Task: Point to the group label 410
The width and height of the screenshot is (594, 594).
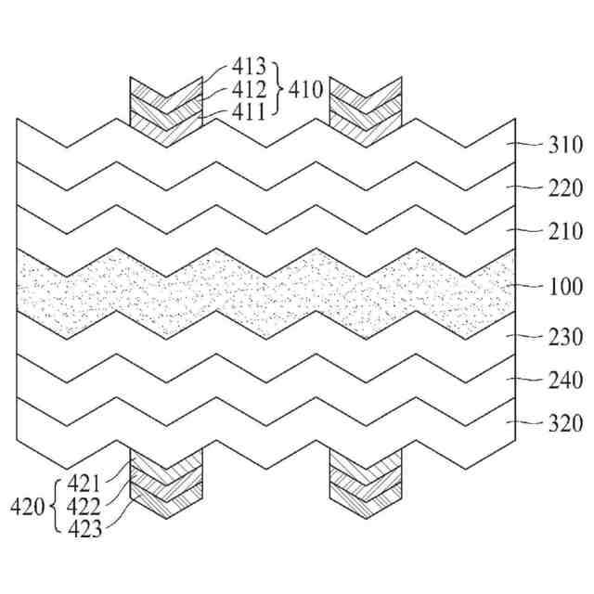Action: [x=306, y=90]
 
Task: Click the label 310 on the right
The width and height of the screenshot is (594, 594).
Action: [x=565, y=145]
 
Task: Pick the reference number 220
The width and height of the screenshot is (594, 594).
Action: [x=565, y=187]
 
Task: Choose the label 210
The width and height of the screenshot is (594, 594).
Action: [x=565, y=231]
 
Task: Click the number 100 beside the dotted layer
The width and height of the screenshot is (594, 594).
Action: [x=565, y=287]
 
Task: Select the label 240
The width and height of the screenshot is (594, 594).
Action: [x=565, y=380]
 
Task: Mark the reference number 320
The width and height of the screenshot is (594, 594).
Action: [x=565, y=424]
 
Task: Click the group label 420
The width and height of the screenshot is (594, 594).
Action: [x=28, y=507]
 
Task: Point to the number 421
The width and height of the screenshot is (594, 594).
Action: [x=84, y=484]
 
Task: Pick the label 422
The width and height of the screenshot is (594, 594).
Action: [x=84, y=507]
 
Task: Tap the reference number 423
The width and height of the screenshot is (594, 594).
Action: [x=84, y=530]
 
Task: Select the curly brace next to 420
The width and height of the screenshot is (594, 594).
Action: [x=56, y=507]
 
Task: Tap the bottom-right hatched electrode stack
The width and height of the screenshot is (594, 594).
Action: [x=366, y=484]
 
